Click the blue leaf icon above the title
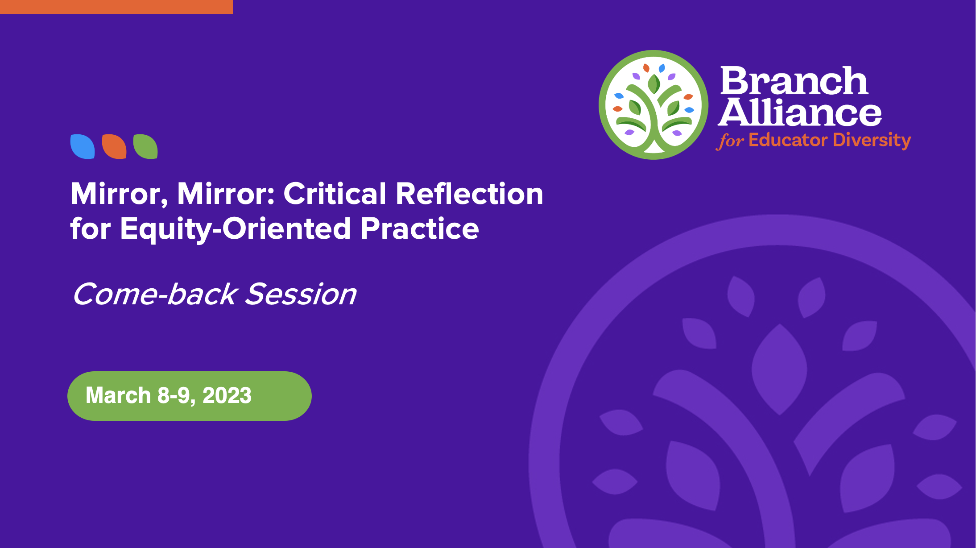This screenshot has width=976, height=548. [83, 146]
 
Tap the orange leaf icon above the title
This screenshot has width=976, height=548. [114, 146]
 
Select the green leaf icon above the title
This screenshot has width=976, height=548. [145, 146]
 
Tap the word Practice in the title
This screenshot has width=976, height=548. [420, 228]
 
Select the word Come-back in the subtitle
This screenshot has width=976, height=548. [155, 295]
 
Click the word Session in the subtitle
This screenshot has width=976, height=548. [301, 295]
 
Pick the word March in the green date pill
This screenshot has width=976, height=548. [118, 395]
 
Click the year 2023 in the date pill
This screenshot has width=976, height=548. [227, 395]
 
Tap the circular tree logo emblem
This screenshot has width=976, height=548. [653, 105]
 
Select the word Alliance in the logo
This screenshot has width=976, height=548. [800, 112]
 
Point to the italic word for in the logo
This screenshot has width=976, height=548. [730, 141]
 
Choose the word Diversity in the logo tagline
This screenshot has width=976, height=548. [872, 141]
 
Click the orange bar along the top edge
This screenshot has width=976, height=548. [116, 7]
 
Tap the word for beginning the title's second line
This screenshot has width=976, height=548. [91, 228]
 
